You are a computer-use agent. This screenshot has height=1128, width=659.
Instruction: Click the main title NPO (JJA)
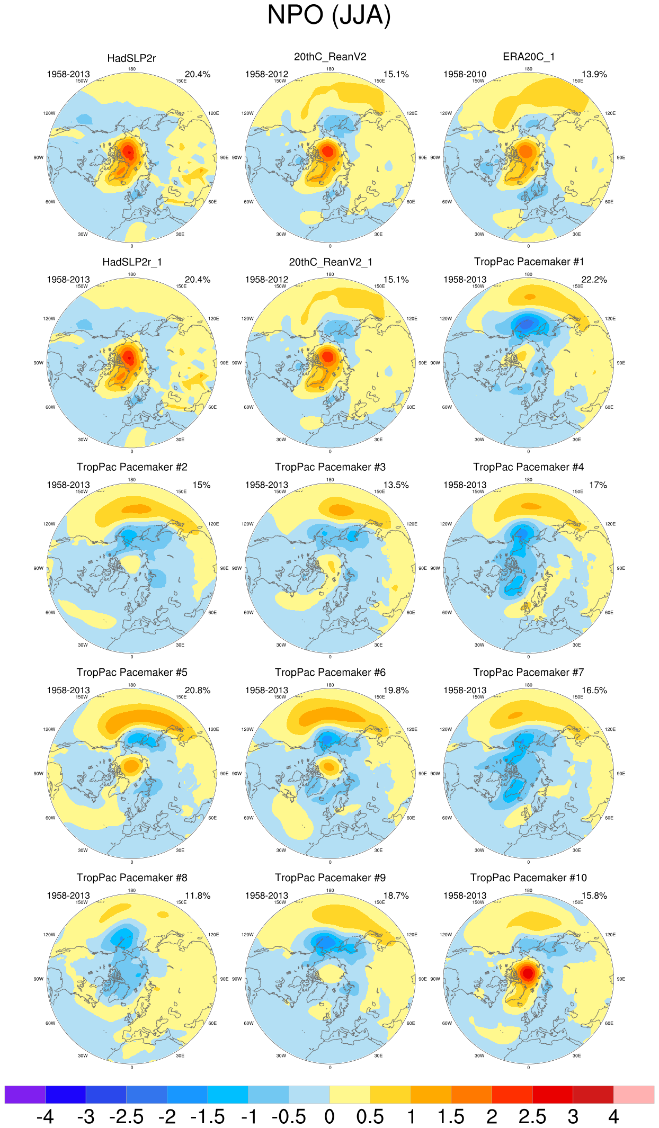point(329,15)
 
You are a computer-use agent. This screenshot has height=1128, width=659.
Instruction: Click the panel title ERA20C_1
point(528,57)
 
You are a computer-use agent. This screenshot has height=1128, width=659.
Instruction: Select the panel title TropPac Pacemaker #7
point(528,672)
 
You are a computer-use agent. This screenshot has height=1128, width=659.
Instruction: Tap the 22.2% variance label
point(594,280)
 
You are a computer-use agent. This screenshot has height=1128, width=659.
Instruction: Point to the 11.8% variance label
point(198,896)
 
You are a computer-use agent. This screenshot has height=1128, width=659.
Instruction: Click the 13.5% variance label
point(396,485)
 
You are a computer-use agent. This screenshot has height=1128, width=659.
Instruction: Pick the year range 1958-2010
point(465,74)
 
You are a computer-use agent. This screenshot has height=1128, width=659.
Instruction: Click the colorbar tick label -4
point(45,1116)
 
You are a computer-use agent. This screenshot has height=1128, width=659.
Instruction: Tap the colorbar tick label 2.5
point(532,1116)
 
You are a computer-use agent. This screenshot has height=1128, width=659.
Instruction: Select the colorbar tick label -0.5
point(289,1116)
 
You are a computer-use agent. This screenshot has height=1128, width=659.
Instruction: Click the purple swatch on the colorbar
point(25,1094)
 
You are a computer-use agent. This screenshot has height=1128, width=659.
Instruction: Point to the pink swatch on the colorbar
point(634,1094)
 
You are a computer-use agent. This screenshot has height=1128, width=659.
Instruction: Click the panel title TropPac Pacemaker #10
point(528,878)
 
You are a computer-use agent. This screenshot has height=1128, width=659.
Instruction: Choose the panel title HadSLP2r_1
point(132,262)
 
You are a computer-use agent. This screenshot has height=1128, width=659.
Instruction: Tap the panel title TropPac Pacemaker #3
point(330,467)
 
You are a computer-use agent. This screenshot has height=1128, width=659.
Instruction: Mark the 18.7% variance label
point(396,896)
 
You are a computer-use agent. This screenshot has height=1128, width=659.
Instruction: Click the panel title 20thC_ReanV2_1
point(330,262)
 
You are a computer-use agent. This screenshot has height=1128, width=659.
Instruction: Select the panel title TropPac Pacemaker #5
point(132,672)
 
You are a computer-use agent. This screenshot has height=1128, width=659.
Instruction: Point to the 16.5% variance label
point(594,691)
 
